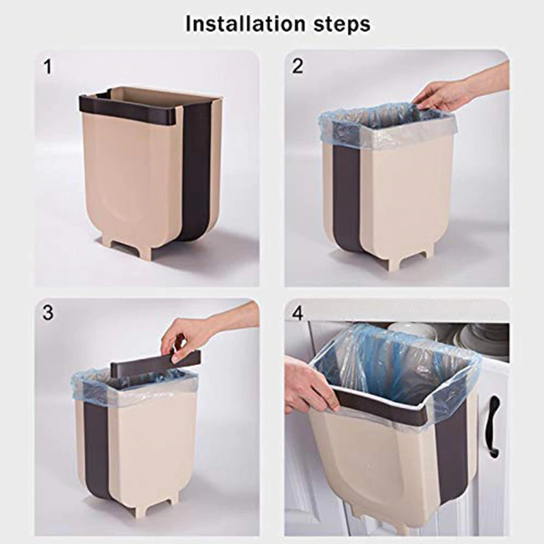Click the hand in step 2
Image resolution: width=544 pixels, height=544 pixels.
(x=442, y=95)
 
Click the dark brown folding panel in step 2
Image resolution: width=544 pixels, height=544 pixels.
(x=347, y=197)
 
